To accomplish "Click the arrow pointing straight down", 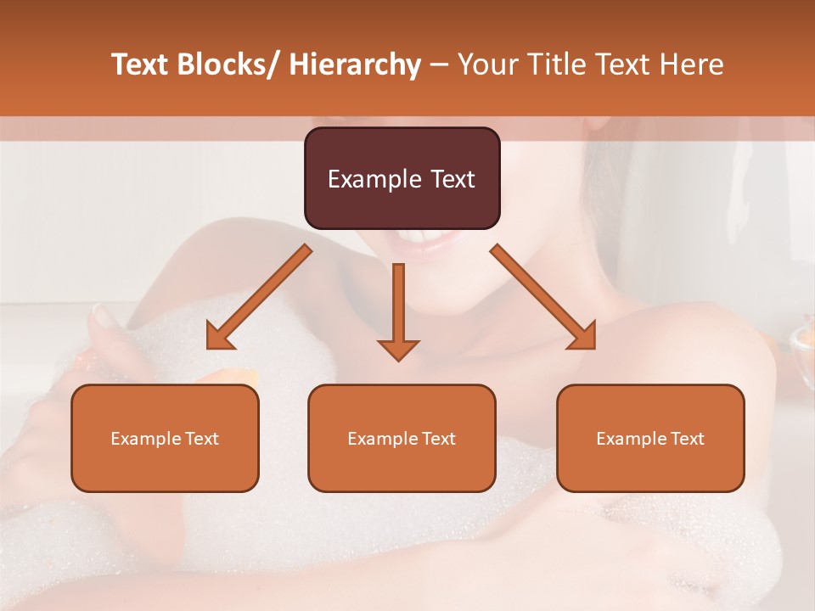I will point(398,305).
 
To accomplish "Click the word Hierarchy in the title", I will point(355,64).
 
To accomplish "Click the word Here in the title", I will point(692,64).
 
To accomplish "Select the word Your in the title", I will point(486,64).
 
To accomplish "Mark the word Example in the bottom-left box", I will point(145,439).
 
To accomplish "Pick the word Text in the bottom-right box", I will point(687,439).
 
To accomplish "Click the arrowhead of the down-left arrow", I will point(218,338).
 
